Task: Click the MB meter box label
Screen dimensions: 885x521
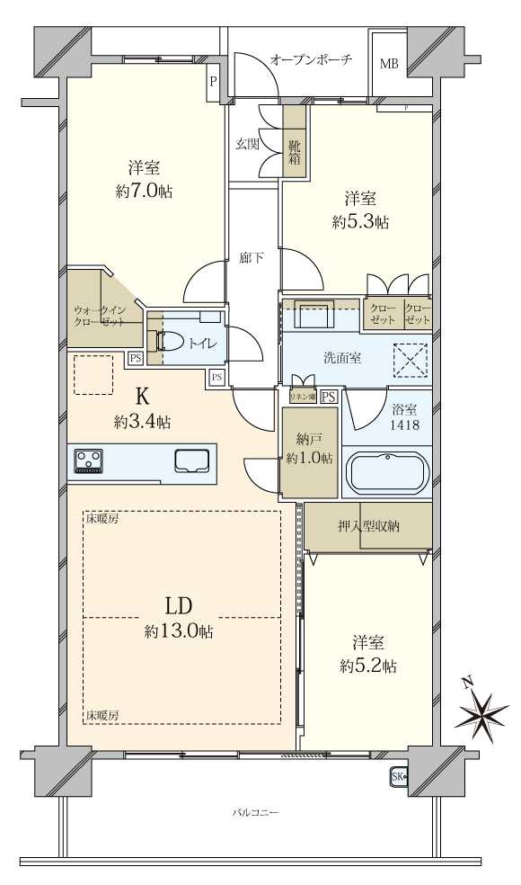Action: coord(388,64)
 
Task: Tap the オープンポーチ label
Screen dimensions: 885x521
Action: coord(311,59)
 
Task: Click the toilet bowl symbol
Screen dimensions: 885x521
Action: coord(172,342)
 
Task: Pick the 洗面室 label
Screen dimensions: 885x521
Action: coord(342,358)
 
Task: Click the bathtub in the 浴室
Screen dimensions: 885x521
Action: coord(387,473)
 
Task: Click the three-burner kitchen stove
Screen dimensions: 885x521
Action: coord(89,461)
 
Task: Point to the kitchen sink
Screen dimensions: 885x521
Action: coord(193,461)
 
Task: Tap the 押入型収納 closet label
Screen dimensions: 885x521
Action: coord(368,526)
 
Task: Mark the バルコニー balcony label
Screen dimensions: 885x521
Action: coord(256,812)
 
